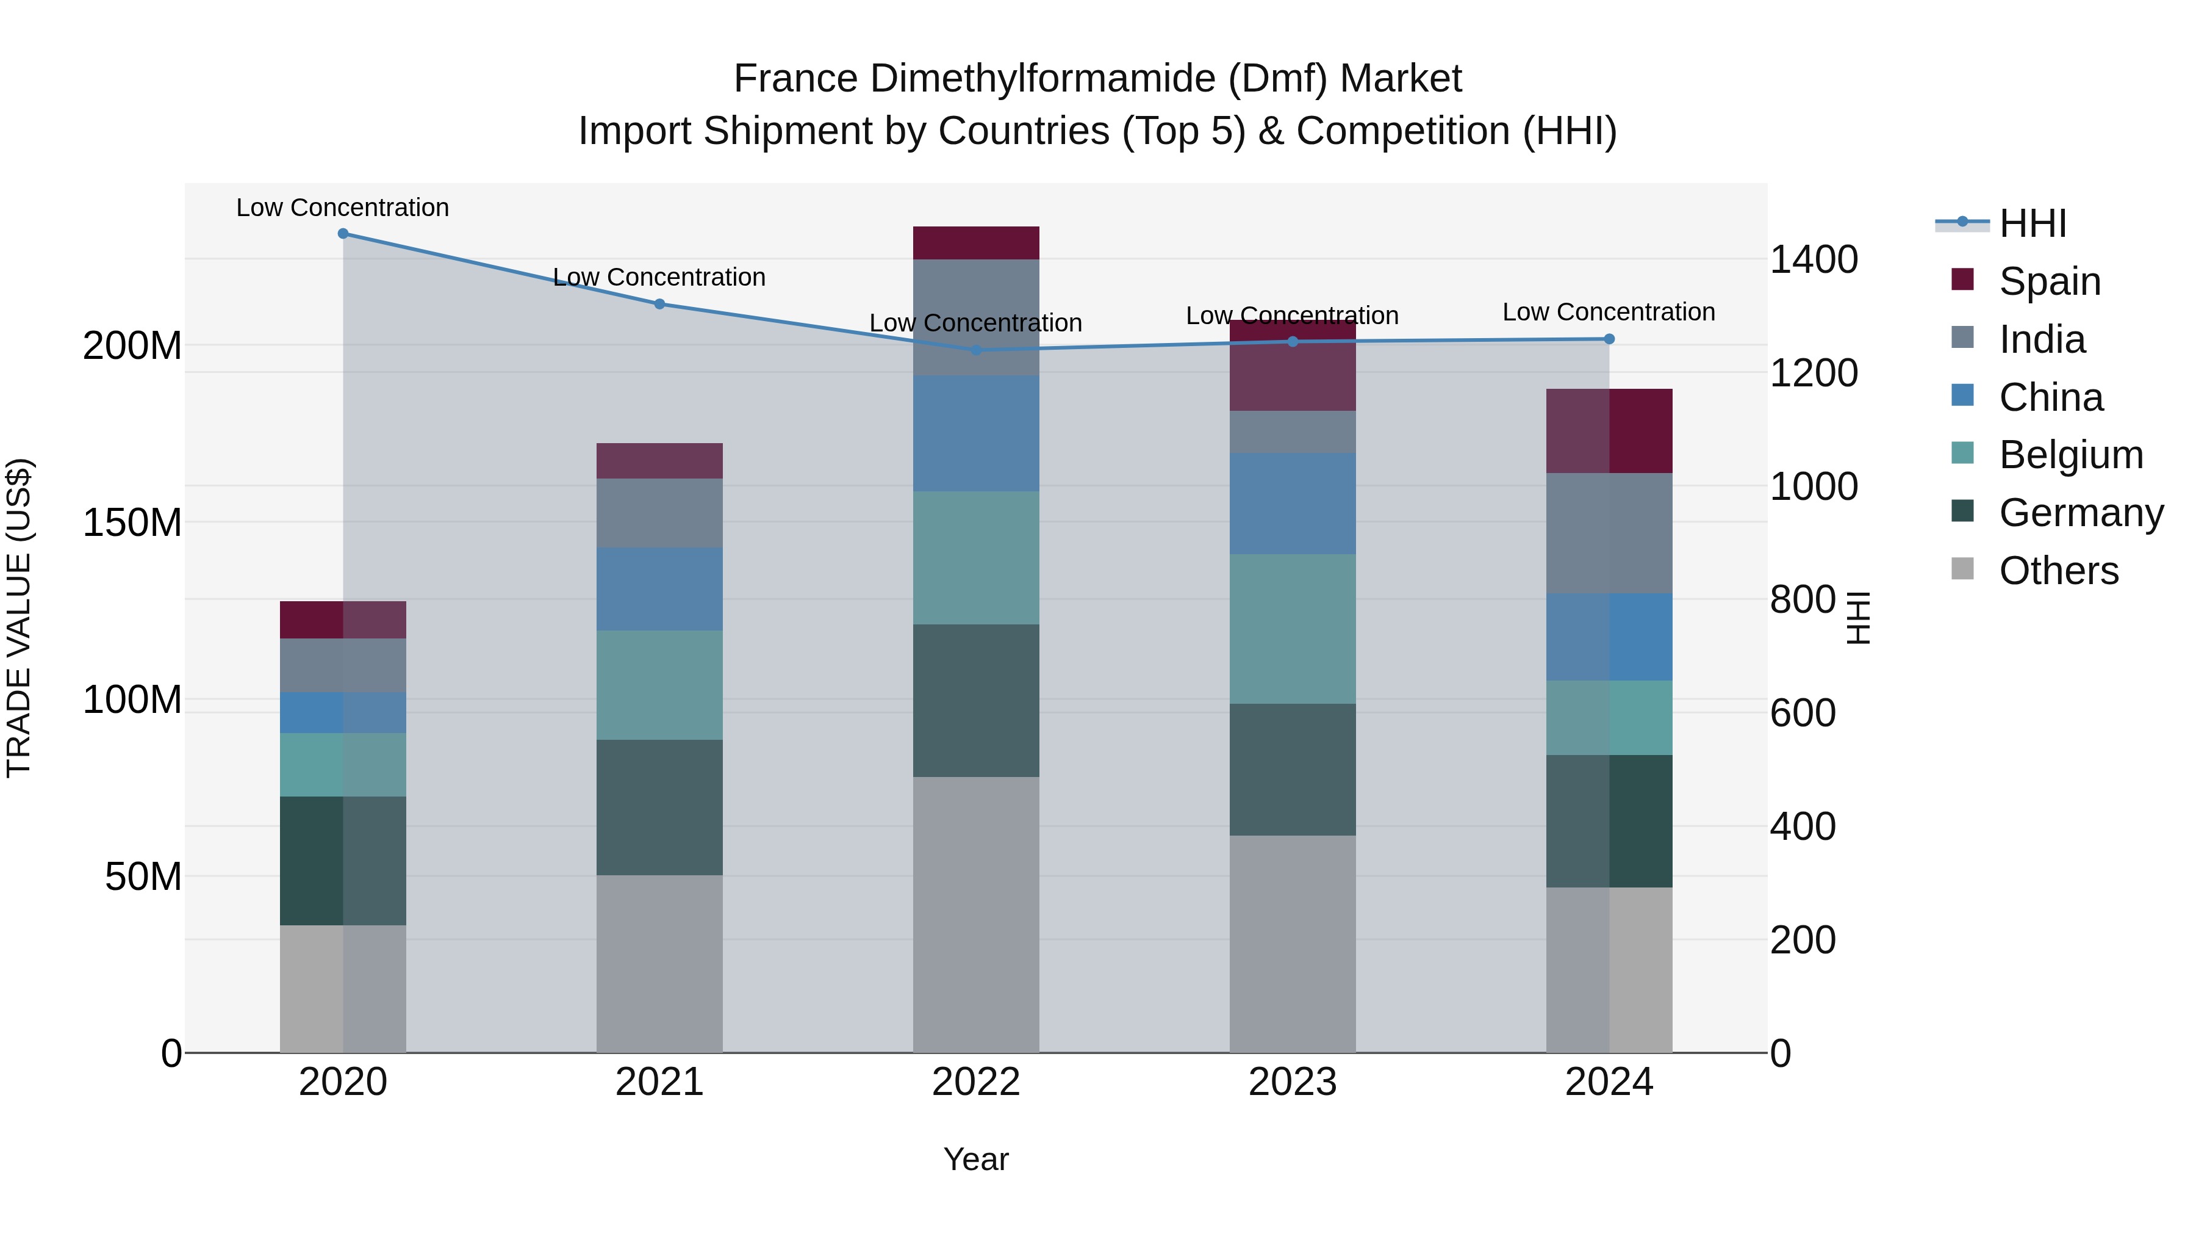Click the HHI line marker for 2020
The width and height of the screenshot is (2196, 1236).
[x=343, y=233]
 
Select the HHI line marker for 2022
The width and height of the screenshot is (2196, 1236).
[x=976, y=350]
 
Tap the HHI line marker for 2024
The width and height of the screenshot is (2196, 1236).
[x=1609, y=339]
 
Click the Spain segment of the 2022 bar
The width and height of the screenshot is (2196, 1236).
[x=976, y=242]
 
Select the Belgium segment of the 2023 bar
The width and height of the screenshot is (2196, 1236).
[x=1293, y=629]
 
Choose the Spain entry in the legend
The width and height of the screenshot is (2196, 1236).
[x=2050, y=281]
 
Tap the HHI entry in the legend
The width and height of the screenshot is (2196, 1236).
[x=2033, y=223]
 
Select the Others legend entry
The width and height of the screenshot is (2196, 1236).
[x=2058, y=570]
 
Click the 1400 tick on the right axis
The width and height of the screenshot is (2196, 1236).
[x=1814, y=259]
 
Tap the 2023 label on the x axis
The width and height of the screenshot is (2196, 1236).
[x=1293, y=1082]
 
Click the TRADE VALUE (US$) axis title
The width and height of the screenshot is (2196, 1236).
[x=19, y=618]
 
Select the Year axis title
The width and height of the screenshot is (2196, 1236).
[x=976, y=1159]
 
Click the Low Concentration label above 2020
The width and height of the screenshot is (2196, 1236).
[x=343, y=208]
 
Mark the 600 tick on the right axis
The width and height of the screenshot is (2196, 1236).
[x=1802, y=713]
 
